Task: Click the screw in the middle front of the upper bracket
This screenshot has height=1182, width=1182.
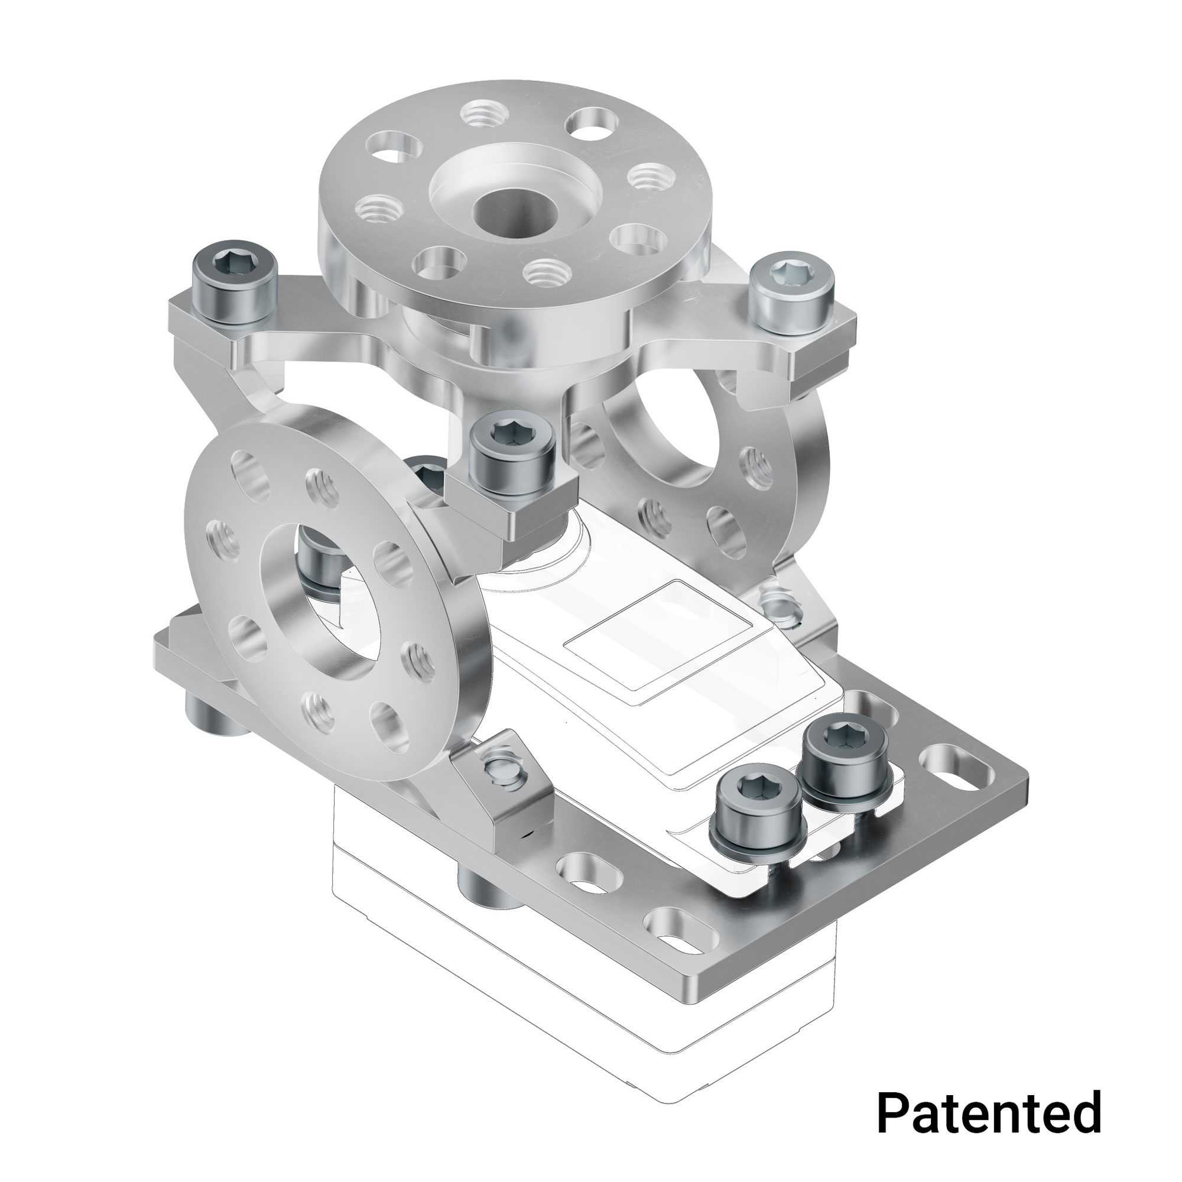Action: (x=515, y=456)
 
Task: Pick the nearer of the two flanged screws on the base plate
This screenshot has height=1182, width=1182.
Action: (x=758, y=807)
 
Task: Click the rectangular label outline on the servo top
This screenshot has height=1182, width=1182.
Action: (x=657, y=637)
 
